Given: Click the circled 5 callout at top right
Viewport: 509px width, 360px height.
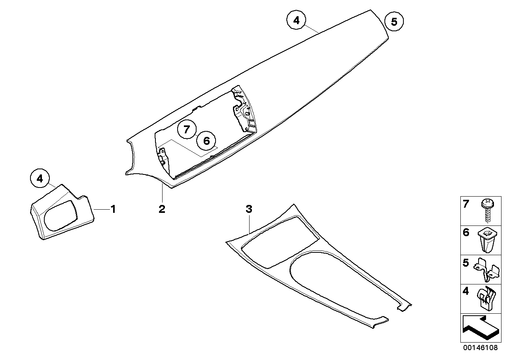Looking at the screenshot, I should click(x=394, y=22).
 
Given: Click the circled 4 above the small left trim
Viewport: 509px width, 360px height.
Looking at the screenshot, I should click(x=40, y=178).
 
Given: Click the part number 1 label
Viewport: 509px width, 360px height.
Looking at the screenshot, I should click(x=113, y=208).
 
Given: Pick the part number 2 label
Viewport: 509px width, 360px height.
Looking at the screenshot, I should click(x=162, y=209).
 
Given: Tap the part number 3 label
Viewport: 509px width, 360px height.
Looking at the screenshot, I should click(x=248, y=209).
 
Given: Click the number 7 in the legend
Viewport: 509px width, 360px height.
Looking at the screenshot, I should click(x=466, y=205).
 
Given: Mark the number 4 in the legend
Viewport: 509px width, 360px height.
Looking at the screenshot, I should click(x=466, y=292).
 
